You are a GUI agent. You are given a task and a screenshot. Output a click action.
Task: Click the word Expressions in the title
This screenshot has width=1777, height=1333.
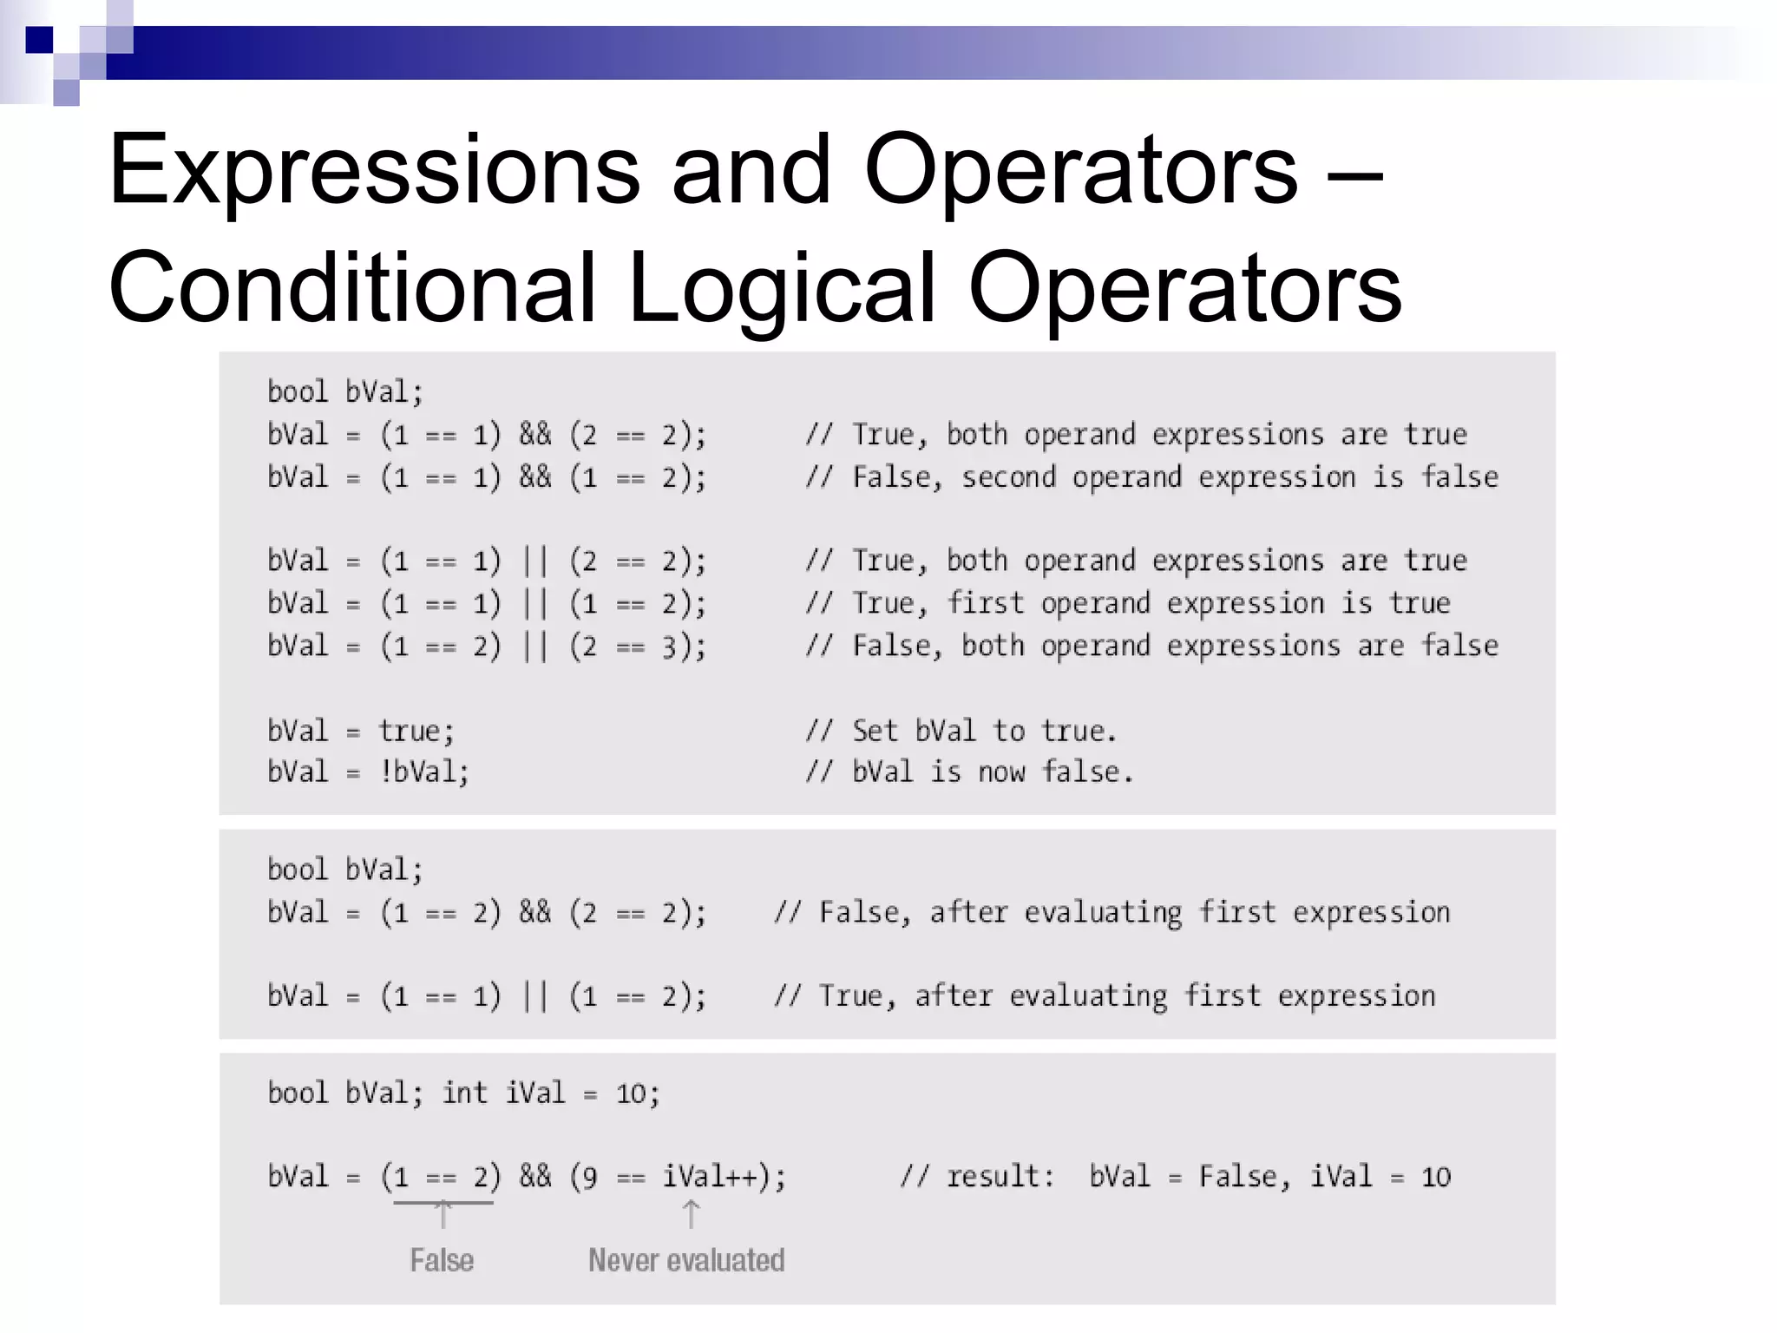pyautogui.click(x=374, y=172)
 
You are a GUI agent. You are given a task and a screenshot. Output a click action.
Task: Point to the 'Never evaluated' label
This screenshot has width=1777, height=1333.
pyautogui.click(x=686, y=1260)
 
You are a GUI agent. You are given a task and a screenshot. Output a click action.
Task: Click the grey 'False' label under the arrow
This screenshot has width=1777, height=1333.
pyautogui.click(x=442, y=1260)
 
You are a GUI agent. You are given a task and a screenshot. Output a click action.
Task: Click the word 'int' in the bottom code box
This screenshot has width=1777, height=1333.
pyautogui.click(x=464, y=1093)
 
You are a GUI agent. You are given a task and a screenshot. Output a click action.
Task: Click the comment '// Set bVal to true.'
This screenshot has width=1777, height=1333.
pyautogui.click(x=961, y=731)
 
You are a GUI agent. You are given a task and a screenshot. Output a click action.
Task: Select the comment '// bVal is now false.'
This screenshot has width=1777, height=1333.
pyautogui.click(x=969, y=772)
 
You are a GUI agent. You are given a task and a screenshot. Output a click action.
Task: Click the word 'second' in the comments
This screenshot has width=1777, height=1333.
pyautogui.click(x=1008, y=477)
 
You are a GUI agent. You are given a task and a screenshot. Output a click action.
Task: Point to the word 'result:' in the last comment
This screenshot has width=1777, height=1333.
pyautogui.click(x=1000, y=1177)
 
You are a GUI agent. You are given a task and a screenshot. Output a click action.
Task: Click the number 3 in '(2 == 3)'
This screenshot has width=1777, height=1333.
pyautogui.click(x=669, y=647)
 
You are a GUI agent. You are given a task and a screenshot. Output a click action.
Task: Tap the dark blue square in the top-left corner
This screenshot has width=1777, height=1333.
pyautogui.click(x=39, y=40)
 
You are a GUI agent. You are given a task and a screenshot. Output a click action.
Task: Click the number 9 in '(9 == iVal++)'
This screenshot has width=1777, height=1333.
pyautogui.click(x=590, y=1178)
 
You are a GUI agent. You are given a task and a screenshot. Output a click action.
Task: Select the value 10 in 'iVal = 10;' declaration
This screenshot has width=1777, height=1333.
pyautogui.click(x=631, y=1093)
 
